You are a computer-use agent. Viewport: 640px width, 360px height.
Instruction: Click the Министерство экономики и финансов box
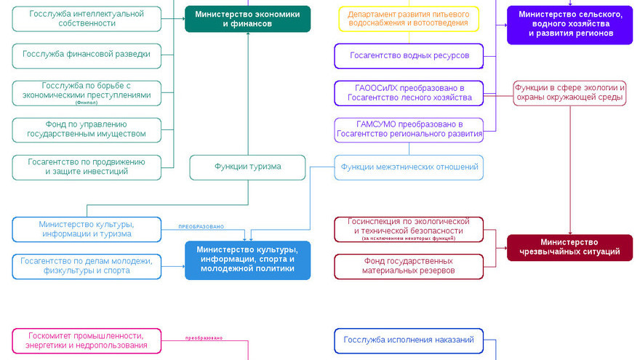click(x=247, y=19)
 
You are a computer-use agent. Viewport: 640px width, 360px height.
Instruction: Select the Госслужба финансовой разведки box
click(x=87, y=54)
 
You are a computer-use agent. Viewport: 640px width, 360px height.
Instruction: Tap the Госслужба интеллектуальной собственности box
click(x=87, y=19)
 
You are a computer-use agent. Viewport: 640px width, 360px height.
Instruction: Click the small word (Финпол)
click(x=87, y=103)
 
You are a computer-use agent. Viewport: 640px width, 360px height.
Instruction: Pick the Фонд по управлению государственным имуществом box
click(x=87, y=129)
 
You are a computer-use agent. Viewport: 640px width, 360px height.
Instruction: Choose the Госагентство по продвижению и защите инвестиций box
click(x=87, y=167)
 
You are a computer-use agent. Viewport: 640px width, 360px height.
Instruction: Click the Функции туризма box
click(x=247, y=167)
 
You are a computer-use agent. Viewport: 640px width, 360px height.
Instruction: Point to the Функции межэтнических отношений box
click(x=409, y=167)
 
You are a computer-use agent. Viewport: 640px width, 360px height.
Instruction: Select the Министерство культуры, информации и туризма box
click(x=87, y=229)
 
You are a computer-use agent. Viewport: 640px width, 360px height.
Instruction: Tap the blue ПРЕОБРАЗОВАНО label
click(x=201, y=226)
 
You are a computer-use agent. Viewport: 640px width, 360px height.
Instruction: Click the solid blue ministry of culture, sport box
click(x=247, y=260)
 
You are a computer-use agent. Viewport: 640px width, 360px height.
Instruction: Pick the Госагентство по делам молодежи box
click(x=87, y=266)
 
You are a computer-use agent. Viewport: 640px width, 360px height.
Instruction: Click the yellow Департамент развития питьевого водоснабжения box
click(x=409, y=19)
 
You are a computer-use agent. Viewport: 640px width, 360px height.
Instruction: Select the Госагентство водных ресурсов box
click(x=409, y=56)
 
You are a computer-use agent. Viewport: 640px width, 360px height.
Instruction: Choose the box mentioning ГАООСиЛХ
click(x=409, y=92)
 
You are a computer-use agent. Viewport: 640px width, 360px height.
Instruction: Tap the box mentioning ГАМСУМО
click(x=409, y=129)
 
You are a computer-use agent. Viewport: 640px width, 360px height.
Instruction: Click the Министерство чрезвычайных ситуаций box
click(x=569, y=247)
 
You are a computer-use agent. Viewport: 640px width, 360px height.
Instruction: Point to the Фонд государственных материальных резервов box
click(x=409, y=266)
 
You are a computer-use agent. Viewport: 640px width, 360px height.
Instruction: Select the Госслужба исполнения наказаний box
click(x=409, y=340)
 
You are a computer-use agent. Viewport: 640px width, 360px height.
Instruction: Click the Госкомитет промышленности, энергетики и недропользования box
click(x=87, y=340)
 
